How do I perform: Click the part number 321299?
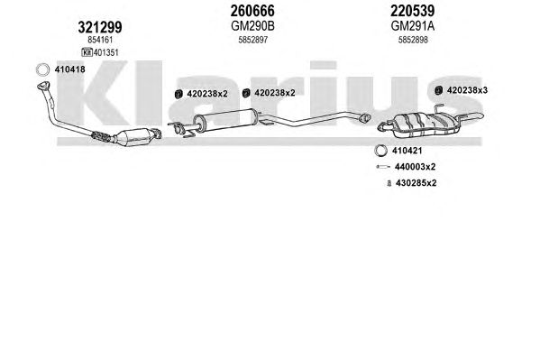click(100, 27)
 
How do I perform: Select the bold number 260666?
click(252, 11)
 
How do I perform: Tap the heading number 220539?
click(412, 11)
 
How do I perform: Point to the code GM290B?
click(252, 26)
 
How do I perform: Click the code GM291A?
click(413, 26)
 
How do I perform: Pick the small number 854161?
click(100, 40)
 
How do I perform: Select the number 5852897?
click(252, 40)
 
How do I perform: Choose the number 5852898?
click(413, 40)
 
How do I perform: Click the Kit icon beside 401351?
click(87, 52)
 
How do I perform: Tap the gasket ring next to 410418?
click(42, 69)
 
